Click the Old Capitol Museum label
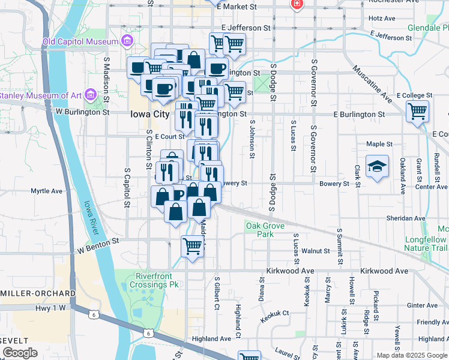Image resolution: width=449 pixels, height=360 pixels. pyautogui.click(x=79, y=41)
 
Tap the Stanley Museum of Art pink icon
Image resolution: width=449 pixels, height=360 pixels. pyautogui.click(x=91, y=94)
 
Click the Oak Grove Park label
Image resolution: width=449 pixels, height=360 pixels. pyautogui.click(x=260, y=230)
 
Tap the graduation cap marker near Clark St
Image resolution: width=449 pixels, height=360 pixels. pyautogui.click(x=376, y=167)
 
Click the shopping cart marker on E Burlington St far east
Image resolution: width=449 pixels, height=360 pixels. pyautogui.click(x=418, y=112)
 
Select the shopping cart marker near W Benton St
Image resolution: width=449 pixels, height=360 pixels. pyautogui.click(x=192, y=246)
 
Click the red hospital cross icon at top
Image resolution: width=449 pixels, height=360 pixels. pyautogui.click(x=296, y=4)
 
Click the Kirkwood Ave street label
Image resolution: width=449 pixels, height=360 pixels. pyautogui.click(x=291, y=271)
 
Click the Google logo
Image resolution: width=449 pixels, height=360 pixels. pyautogui.click(x=20, y=353)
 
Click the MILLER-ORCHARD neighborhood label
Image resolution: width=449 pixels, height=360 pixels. pyautogui.click(x=37, y=293)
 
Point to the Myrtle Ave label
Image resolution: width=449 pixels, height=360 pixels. pyautogui.click(x=47, y=191)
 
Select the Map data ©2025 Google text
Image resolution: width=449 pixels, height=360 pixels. pyautogui.click(x=411, y=355)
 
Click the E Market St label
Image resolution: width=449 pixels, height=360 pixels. pyautogui.click(x=237, y=7)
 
